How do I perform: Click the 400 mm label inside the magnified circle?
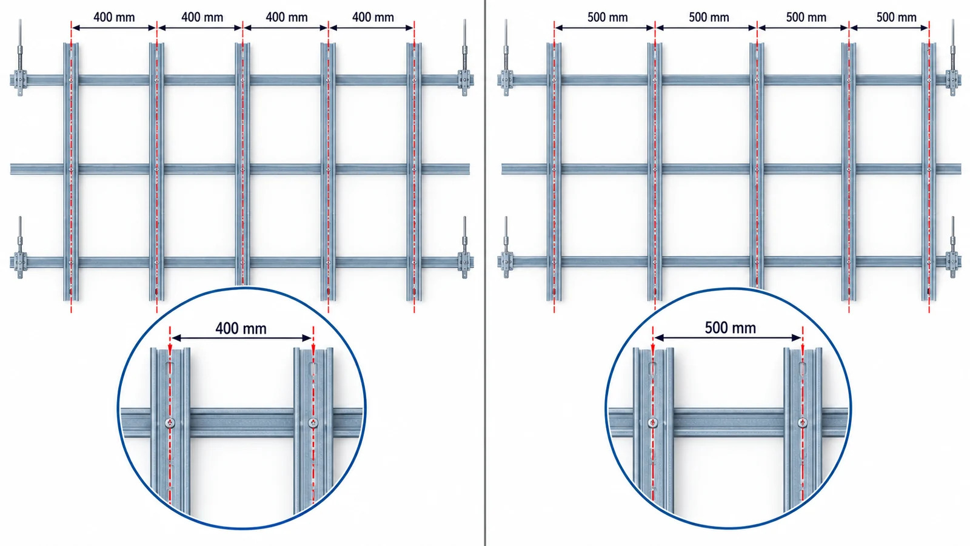click(241, 328)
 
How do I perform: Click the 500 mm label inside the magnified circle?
click(730, 328)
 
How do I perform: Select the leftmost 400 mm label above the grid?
click(114, 18)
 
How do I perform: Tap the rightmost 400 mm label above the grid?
click(373, 18)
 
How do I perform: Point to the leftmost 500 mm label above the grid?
click(607, 18)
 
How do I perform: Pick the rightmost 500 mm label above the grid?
click(897, 18)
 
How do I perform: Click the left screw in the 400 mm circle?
click(170, 422)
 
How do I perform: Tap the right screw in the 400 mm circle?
click(313, 422)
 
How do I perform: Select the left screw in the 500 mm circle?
click(653, 422)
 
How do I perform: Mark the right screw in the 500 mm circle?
click(803, 422)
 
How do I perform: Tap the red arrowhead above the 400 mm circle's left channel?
click(170, 349)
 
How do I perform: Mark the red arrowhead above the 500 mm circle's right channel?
click(803, 349)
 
